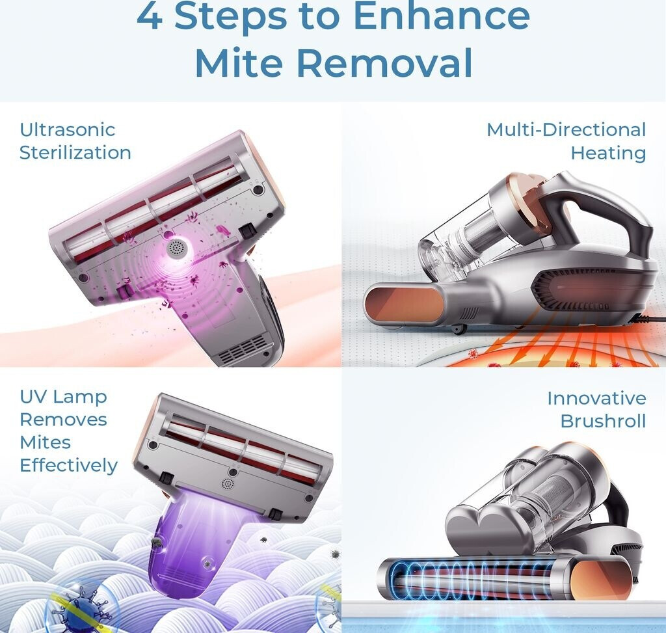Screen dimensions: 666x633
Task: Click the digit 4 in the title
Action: point(149,16)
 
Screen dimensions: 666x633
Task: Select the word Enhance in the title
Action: point(442,16)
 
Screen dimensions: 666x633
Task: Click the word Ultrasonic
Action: point(67,129)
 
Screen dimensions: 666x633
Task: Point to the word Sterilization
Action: point(75,152)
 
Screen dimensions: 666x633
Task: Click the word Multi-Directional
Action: point(566,129)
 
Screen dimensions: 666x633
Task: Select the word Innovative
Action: point(596,398)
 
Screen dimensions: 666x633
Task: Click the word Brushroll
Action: point(603,421)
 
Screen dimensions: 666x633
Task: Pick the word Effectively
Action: point(68,466)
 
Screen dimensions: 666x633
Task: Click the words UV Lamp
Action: point(63,397)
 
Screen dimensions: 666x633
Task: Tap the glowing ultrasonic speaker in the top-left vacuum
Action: point(176,248)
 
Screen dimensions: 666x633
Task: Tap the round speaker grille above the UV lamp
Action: point(228,483)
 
